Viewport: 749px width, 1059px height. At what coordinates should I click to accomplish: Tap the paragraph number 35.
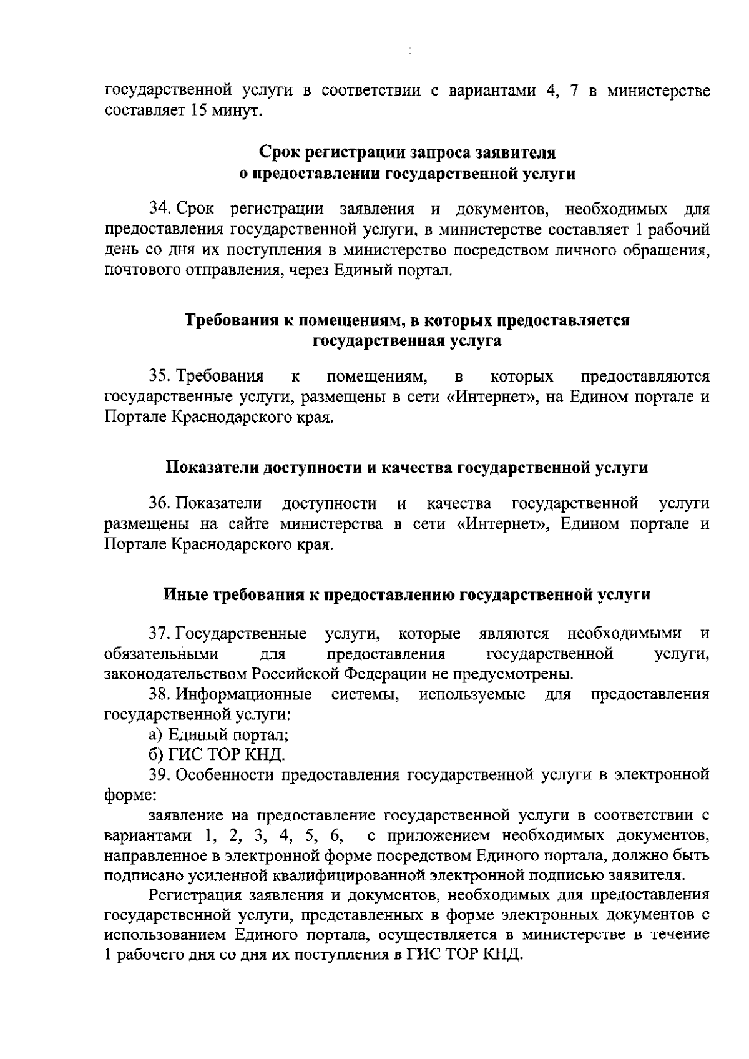click(x=157, y=377)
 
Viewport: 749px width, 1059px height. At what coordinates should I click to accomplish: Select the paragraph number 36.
click(x=157, y=503)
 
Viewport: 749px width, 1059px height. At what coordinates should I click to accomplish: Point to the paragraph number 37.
click(x=157, y=634)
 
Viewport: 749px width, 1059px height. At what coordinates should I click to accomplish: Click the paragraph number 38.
click(x=157, y=694)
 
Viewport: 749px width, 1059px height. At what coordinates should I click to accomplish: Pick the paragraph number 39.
click(x=157, y=776)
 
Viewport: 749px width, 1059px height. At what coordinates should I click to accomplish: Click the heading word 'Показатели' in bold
click(x=211, y=468)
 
